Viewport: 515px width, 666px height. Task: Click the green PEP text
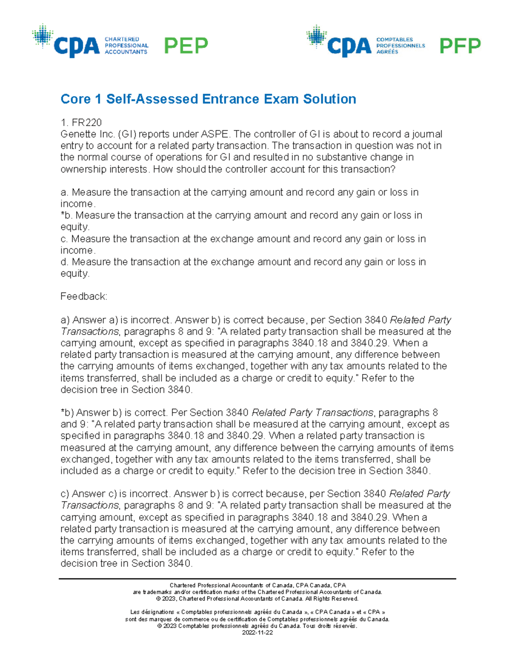186,45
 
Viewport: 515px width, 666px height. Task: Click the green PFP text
460,45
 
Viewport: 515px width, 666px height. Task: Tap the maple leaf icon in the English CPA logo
42,36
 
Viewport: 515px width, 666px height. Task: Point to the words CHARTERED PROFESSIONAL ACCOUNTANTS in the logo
126,45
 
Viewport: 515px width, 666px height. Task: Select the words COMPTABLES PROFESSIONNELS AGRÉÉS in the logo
400,45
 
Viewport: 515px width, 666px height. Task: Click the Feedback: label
84,296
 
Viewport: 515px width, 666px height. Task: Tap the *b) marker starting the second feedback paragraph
67,413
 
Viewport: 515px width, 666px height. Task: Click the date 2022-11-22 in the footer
257,633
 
